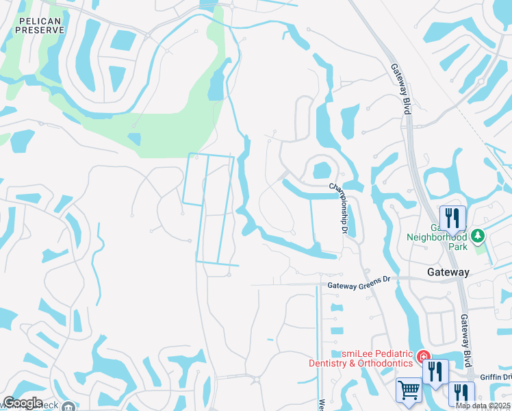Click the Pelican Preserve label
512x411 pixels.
point(40,25)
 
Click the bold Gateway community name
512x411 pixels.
point(448,272)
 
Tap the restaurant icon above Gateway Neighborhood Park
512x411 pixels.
point(452,219)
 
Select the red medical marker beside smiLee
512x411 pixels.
point(424,357)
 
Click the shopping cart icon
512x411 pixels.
point(409,390)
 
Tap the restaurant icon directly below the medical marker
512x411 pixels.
point(435,372)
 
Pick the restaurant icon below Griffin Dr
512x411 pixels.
point(461,394)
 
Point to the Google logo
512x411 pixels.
point(23,403)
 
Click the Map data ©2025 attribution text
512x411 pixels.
point(483,406)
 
